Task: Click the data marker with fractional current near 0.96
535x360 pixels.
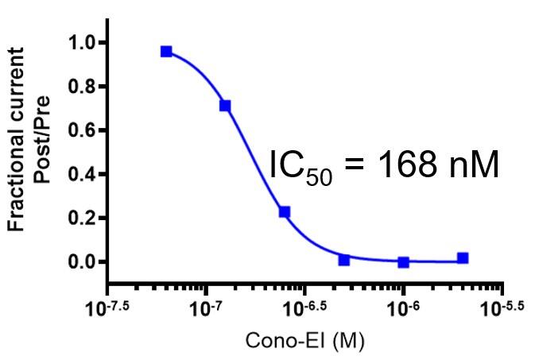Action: tap(166, 52)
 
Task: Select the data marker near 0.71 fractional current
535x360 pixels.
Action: tap(225, 106)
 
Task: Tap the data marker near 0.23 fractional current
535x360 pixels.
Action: tap(285, 212)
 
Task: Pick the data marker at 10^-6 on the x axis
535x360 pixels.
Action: tap(404, 261)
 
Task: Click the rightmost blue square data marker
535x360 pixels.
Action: tap(463, 258)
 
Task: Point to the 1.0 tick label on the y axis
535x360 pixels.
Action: tap(82, 42)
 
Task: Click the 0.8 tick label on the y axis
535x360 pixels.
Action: tap(82, 86)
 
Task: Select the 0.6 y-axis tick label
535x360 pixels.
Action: tap(82, 130)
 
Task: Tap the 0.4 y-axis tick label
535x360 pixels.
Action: tap(82, 174)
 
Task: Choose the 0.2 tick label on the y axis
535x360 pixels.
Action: tap(82, 218)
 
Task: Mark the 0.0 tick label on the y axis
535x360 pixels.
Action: tap(82, 262)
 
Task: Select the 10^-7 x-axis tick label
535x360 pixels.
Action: tap(204, 307)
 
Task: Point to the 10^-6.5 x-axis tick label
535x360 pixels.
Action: tap(303, 306)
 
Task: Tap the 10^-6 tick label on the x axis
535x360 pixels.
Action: tap(403, 307)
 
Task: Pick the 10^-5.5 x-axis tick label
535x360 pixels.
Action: tap(502, 306)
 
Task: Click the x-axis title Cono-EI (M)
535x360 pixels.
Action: tap(305, 343)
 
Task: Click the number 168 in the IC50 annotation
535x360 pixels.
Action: tap(402, 165)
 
